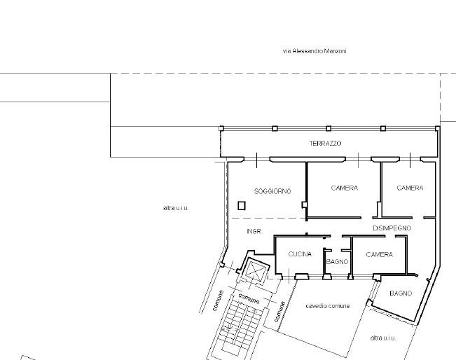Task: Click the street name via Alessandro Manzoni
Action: (315, 51)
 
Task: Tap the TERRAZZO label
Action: (325, 144)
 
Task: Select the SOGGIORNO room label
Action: (272, 191)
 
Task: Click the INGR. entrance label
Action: (255, 231)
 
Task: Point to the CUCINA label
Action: (300, 254)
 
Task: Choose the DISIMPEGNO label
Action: (392, 228)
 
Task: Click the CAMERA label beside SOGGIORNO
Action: (345, 188)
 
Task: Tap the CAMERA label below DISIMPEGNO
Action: (380, 255)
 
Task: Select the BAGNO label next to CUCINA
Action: (337, 262)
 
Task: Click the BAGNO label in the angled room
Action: (401, 293)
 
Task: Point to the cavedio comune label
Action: (328, 306)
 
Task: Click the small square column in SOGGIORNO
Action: (242, 206)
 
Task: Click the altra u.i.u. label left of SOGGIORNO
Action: (176, 208)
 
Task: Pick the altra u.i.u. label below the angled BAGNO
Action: (383, 338)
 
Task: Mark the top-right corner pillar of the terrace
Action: (437, 129)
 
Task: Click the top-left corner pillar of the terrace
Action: (221, 129)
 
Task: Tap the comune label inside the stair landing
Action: (249, 298)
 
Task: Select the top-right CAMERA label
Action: (410, 188)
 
